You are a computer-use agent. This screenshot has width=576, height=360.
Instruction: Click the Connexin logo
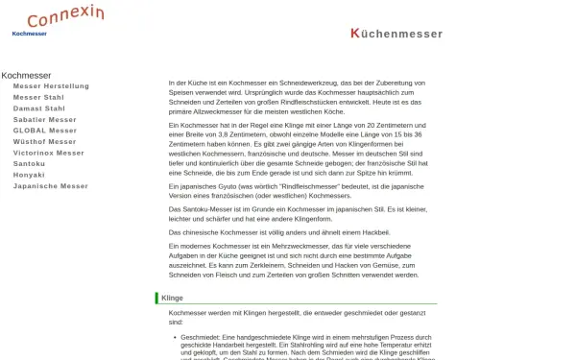pos(65,16)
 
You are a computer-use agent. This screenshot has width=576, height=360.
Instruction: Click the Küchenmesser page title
pos(396,34)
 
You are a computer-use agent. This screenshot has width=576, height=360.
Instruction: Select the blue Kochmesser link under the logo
pos(29,34)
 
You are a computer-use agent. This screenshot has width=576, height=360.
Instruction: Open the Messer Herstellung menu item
pos(51,85)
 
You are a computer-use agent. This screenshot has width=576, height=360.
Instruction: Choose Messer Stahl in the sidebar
pos(38,97)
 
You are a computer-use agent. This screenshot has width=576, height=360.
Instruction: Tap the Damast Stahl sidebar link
pos(39,108)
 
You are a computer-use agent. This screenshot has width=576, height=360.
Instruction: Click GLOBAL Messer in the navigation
pos(45,131)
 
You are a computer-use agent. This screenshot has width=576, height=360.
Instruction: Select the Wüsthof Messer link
pos(45,141)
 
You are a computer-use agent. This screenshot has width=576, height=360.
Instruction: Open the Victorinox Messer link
pos(49,153)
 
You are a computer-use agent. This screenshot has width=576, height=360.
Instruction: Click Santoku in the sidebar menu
pos(29,163)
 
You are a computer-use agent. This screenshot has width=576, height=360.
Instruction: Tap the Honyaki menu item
pos(29,175)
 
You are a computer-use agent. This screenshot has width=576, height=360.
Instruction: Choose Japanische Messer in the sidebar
pos(51,186)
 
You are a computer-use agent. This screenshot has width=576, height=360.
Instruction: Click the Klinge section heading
pos(173,299)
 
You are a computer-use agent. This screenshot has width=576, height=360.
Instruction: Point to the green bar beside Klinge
pos(156,299)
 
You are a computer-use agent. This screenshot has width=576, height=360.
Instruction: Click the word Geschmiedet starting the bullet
pos(199,337)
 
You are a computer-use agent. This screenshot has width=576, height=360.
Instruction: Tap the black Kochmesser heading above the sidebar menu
pos(26,75)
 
